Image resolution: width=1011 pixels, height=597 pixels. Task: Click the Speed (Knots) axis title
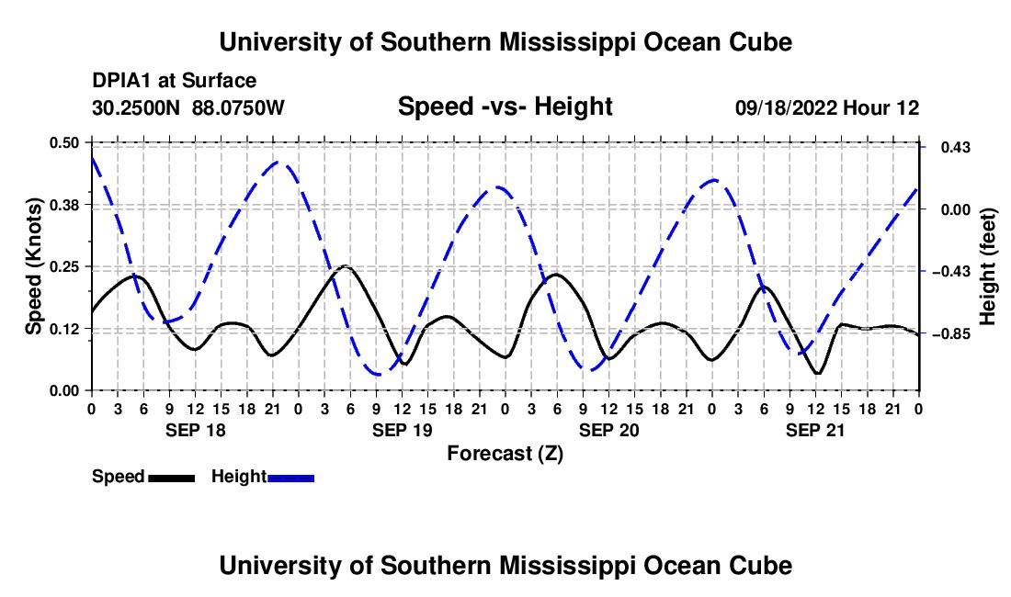click(x=33, y=266)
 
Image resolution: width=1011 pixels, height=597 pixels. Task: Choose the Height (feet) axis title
click(x=987, y=266)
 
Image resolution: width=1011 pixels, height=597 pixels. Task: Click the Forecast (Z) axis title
click(x=505, y=454)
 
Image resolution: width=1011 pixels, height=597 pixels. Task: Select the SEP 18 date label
click(x=196, y=430)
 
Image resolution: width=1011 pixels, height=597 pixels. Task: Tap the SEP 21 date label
click(x=815, y=430)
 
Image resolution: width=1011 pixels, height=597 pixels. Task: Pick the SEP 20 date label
click(x=608, y=430)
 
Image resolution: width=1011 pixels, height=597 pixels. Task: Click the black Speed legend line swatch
click(x=172, y=478)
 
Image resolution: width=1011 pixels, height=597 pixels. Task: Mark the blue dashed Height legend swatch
click(x=290, y=478)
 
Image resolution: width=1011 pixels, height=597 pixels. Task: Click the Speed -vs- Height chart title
click(x=505, y=107)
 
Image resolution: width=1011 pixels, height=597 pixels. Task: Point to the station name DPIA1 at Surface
click(x=174, y=81)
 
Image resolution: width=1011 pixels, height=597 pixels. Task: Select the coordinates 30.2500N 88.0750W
click(x=188, y=107)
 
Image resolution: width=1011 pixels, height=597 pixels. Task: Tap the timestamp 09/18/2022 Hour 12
click(x=827, y=107)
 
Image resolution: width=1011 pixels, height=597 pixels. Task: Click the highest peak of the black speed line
click(x=346, y=265)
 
